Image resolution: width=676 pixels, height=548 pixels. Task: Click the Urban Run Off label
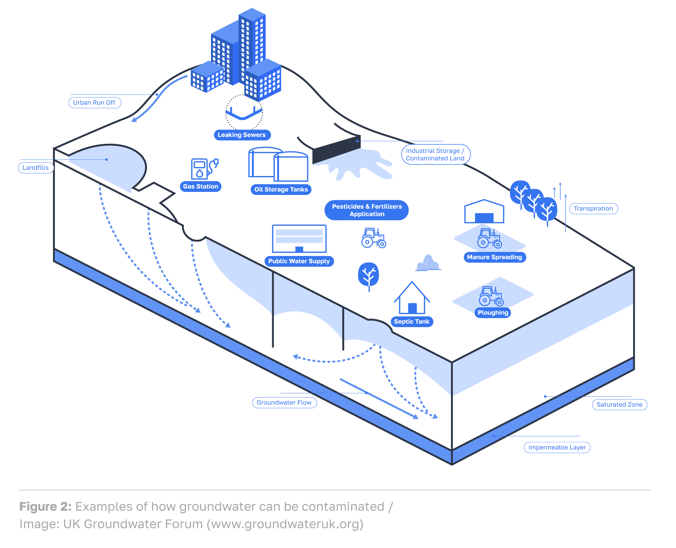(x=94, y=103)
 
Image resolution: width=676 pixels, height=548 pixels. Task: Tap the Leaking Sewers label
(x=242, y=135)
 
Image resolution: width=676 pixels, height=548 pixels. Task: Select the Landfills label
(x=36, y=168)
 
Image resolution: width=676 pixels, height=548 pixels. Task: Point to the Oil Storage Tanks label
(x=281, y=189)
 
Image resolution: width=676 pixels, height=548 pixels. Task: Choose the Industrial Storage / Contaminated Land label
(x=435, y=154)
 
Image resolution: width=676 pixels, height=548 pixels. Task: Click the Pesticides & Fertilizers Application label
(x=367, y=210)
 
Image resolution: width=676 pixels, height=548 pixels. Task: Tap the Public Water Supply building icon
(x=299, y=239)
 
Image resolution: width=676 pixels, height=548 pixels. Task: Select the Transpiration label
(x=593, y=209)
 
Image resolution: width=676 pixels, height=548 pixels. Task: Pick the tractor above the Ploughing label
(x=491, y=296)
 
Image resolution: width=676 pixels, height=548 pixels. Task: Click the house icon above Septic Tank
(x=412, y=298)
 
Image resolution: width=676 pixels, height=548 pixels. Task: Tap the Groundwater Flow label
(x=284, y=403)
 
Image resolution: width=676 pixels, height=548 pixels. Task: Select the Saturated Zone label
(x=620, y=405)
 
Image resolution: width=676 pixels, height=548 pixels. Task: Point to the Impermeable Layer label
(x=557, y=448)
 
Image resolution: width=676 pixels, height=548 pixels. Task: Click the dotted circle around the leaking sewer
(x=244, y=112)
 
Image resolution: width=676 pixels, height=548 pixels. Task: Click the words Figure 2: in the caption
(x=46, y=506)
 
